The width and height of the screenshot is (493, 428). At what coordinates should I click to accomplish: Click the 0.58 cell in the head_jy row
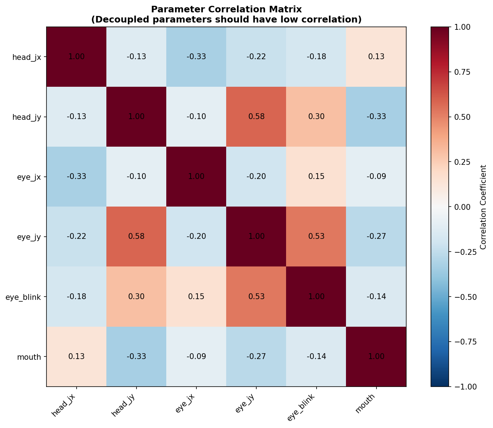click(x=256, y=117)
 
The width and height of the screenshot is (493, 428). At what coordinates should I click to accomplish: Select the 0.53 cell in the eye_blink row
click(x=256, y=297)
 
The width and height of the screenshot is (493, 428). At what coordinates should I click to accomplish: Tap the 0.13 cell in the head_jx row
click(x=376, y=57)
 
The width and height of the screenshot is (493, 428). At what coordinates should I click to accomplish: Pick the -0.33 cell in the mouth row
click(x=136, y=356)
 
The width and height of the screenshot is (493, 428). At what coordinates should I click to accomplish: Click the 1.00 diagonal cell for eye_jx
click(x=196, y=177)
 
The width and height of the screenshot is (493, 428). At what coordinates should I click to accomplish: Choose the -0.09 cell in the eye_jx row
click(x=376, y=177)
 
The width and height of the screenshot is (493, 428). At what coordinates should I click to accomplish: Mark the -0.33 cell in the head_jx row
click(x=196, y=57)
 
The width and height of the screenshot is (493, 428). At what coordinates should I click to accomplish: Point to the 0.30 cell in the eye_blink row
click(x=136, y=297)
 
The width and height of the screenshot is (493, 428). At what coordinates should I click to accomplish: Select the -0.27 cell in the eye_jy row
click(x=376, y=237)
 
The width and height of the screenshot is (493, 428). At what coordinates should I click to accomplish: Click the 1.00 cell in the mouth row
click(x=376, y=356)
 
